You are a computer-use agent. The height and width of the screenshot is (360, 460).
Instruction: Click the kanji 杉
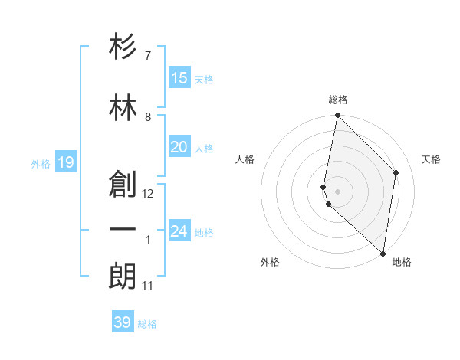click(123, 49)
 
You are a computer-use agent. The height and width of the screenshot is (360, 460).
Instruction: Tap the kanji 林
click(123, 108)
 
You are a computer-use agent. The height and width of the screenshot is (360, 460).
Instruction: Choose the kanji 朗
click(123, 276)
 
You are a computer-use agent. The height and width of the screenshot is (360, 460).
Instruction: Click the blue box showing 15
click(179, 78)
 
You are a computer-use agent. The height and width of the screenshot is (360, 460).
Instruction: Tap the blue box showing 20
click(179, 147)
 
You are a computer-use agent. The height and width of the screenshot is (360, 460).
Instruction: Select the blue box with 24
click(179, 231)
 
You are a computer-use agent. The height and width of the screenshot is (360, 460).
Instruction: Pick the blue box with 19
click(65, 162)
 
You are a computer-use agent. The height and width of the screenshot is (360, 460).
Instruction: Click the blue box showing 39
click(122, 322)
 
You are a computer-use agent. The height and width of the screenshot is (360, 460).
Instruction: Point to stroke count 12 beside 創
click(148, 194)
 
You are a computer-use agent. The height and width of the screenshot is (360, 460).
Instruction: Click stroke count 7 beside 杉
click(147, 56)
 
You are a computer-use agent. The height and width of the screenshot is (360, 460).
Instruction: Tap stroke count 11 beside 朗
click(147, 286)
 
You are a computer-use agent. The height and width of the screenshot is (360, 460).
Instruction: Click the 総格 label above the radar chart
click(337, 100)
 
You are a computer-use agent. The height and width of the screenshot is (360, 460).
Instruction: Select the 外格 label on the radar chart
click(270, 262)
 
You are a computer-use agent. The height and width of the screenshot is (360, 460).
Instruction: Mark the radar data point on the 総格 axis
click(337, 116)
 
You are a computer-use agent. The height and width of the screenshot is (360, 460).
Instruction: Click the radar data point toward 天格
click(396, 172)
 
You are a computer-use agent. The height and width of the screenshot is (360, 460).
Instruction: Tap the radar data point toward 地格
click(383, 254)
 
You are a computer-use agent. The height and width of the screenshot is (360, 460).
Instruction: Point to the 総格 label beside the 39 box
click(147, 324)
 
